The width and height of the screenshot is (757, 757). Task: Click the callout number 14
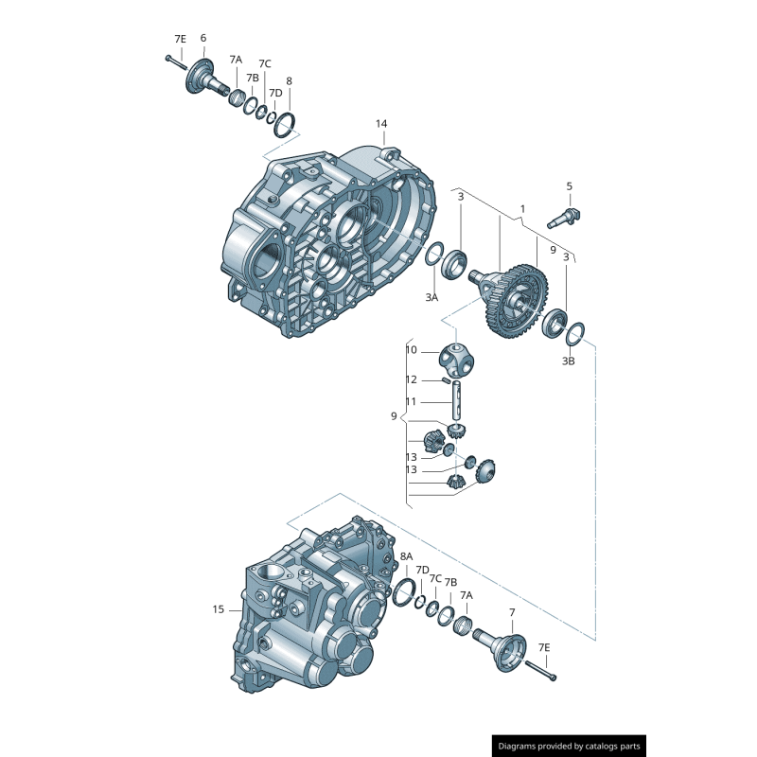point(381,124)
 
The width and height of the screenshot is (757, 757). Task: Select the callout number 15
point(219,609)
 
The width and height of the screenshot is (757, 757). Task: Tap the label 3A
point(431,297)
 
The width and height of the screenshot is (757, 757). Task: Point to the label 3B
point(569,361)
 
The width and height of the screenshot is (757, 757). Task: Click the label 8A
point(406,556)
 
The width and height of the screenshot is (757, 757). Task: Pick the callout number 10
point(411,350)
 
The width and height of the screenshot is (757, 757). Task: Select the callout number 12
point(411,379)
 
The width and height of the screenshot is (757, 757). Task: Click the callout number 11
point(411,401)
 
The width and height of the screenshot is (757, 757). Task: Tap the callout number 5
point(569,186)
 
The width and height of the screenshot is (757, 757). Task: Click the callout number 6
point(202,38)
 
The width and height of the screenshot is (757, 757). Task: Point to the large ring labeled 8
point(290,126)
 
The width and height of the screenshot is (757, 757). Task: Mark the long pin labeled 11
point(457,397)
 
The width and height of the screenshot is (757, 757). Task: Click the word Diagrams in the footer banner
point(521,747)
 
